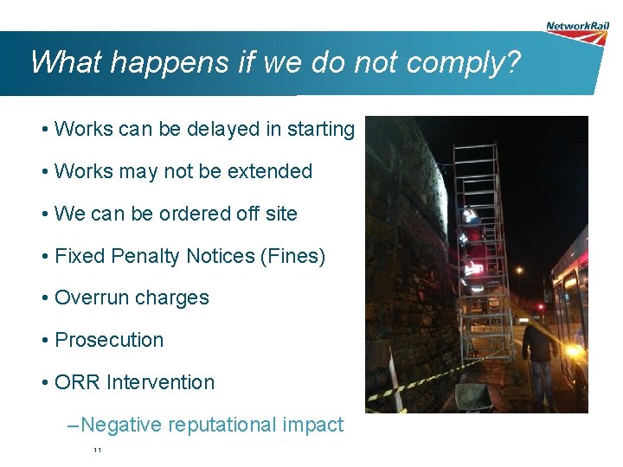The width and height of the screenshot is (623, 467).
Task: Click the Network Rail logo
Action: tap(577, 32)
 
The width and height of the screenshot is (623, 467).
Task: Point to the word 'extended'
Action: tap(270, 171)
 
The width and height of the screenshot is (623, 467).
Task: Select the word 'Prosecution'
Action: tap(109, 341)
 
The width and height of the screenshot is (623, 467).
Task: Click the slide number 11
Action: tap(97, 451)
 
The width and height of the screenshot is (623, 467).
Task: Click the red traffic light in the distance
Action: tap(539, 306)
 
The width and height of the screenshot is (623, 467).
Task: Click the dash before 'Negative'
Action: tap(72, 425)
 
